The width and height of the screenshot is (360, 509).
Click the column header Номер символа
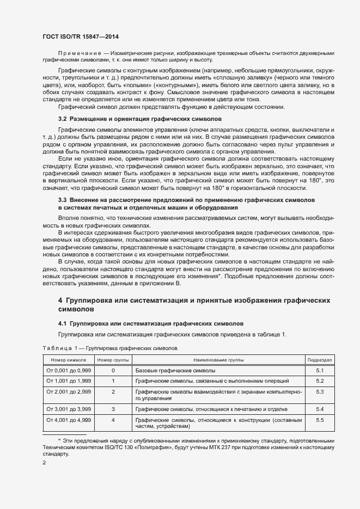click(69, 360)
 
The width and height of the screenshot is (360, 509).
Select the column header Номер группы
click(113, 360)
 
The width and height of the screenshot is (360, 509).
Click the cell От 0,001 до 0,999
click(69, 371)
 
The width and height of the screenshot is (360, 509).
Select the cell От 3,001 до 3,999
click(69, 409)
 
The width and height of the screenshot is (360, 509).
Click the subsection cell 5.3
click(320, 392)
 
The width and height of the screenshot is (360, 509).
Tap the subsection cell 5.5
click(320, 420)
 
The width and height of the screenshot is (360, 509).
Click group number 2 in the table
click(113, 392)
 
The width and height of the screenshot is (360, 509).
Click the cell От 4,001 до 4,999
click(69, 420)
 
